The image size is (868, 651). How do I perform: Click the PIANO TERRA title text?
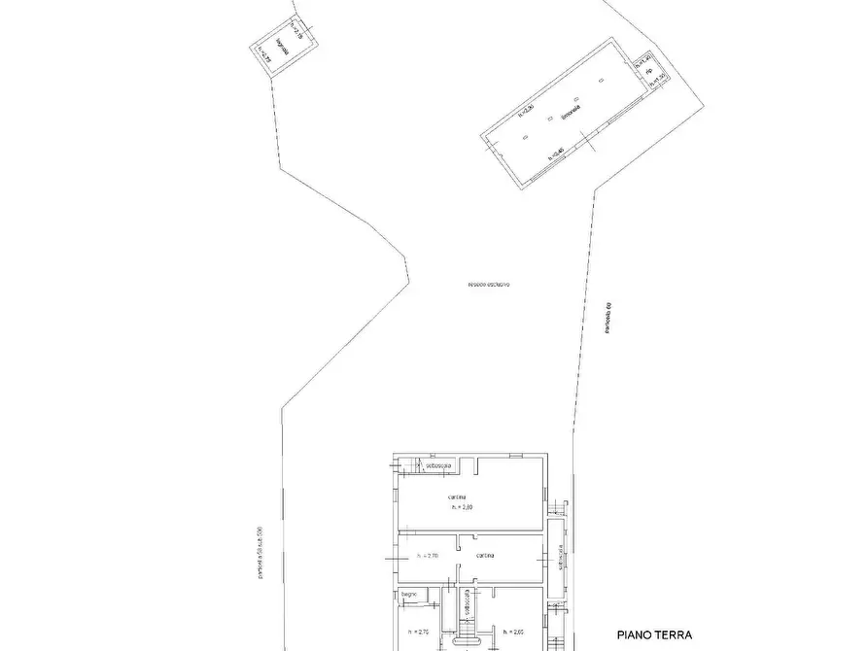click(x=654, y=635)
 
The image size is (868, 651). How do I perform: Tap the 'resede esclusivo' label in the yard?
click(x=489, y=285)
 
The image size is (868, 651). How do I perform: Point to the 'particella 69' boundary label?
click(x=604, y=320)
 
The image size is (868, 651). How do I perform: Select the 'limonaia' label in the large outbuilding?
click(x=572, y=114)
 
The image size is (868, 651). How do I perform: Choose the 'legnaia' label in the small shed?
click(x=281, y=45)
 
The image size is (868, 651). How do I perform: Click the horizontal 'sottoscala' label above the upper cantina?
click(x=442, y=466)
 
